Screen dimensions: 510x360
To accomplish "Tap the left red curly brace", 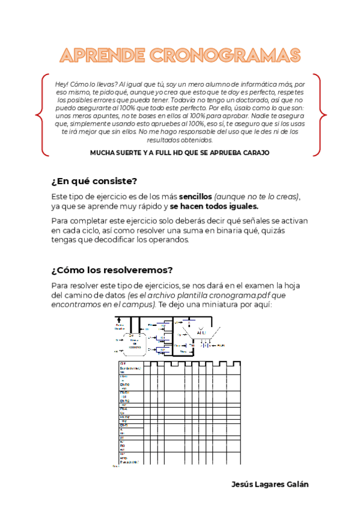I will [40, 115].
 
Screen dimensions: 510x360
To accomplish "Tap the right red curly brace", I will [320, 115].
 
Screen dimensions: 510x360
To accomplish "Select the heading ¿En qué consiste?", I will [94, 181].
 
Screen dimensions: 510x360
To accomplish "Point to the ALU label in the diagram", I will [201, 332].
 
